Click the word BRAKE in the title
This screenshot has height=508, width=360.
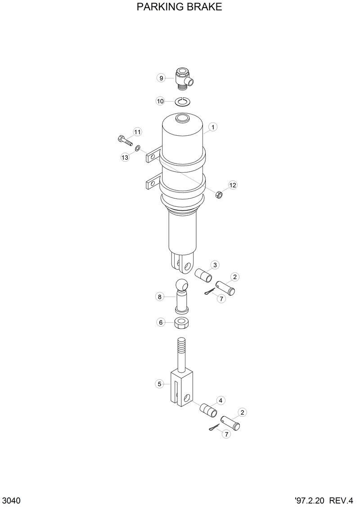[202, 8]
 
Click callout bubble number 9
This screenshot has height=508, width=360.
[161, 78]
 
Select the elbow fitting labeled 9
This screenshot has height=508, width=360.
[182, 77]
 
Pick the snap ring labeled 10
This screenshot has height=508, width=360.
[182, 101]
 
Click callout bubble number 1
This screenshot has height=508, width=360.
[212, 127]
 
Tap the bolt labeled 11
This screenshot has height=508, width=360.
[124, 140]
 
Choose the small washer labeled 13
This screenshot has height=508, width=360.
[137, 147]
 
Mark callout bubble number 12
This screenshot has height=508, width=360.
[232, 185]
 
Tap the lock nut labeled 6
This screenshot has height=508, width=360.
[182, 322]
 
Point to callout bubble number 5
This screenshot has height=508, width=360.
[159, 384]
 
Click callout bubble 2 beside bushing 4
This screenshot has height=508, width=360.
[242, 412]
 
